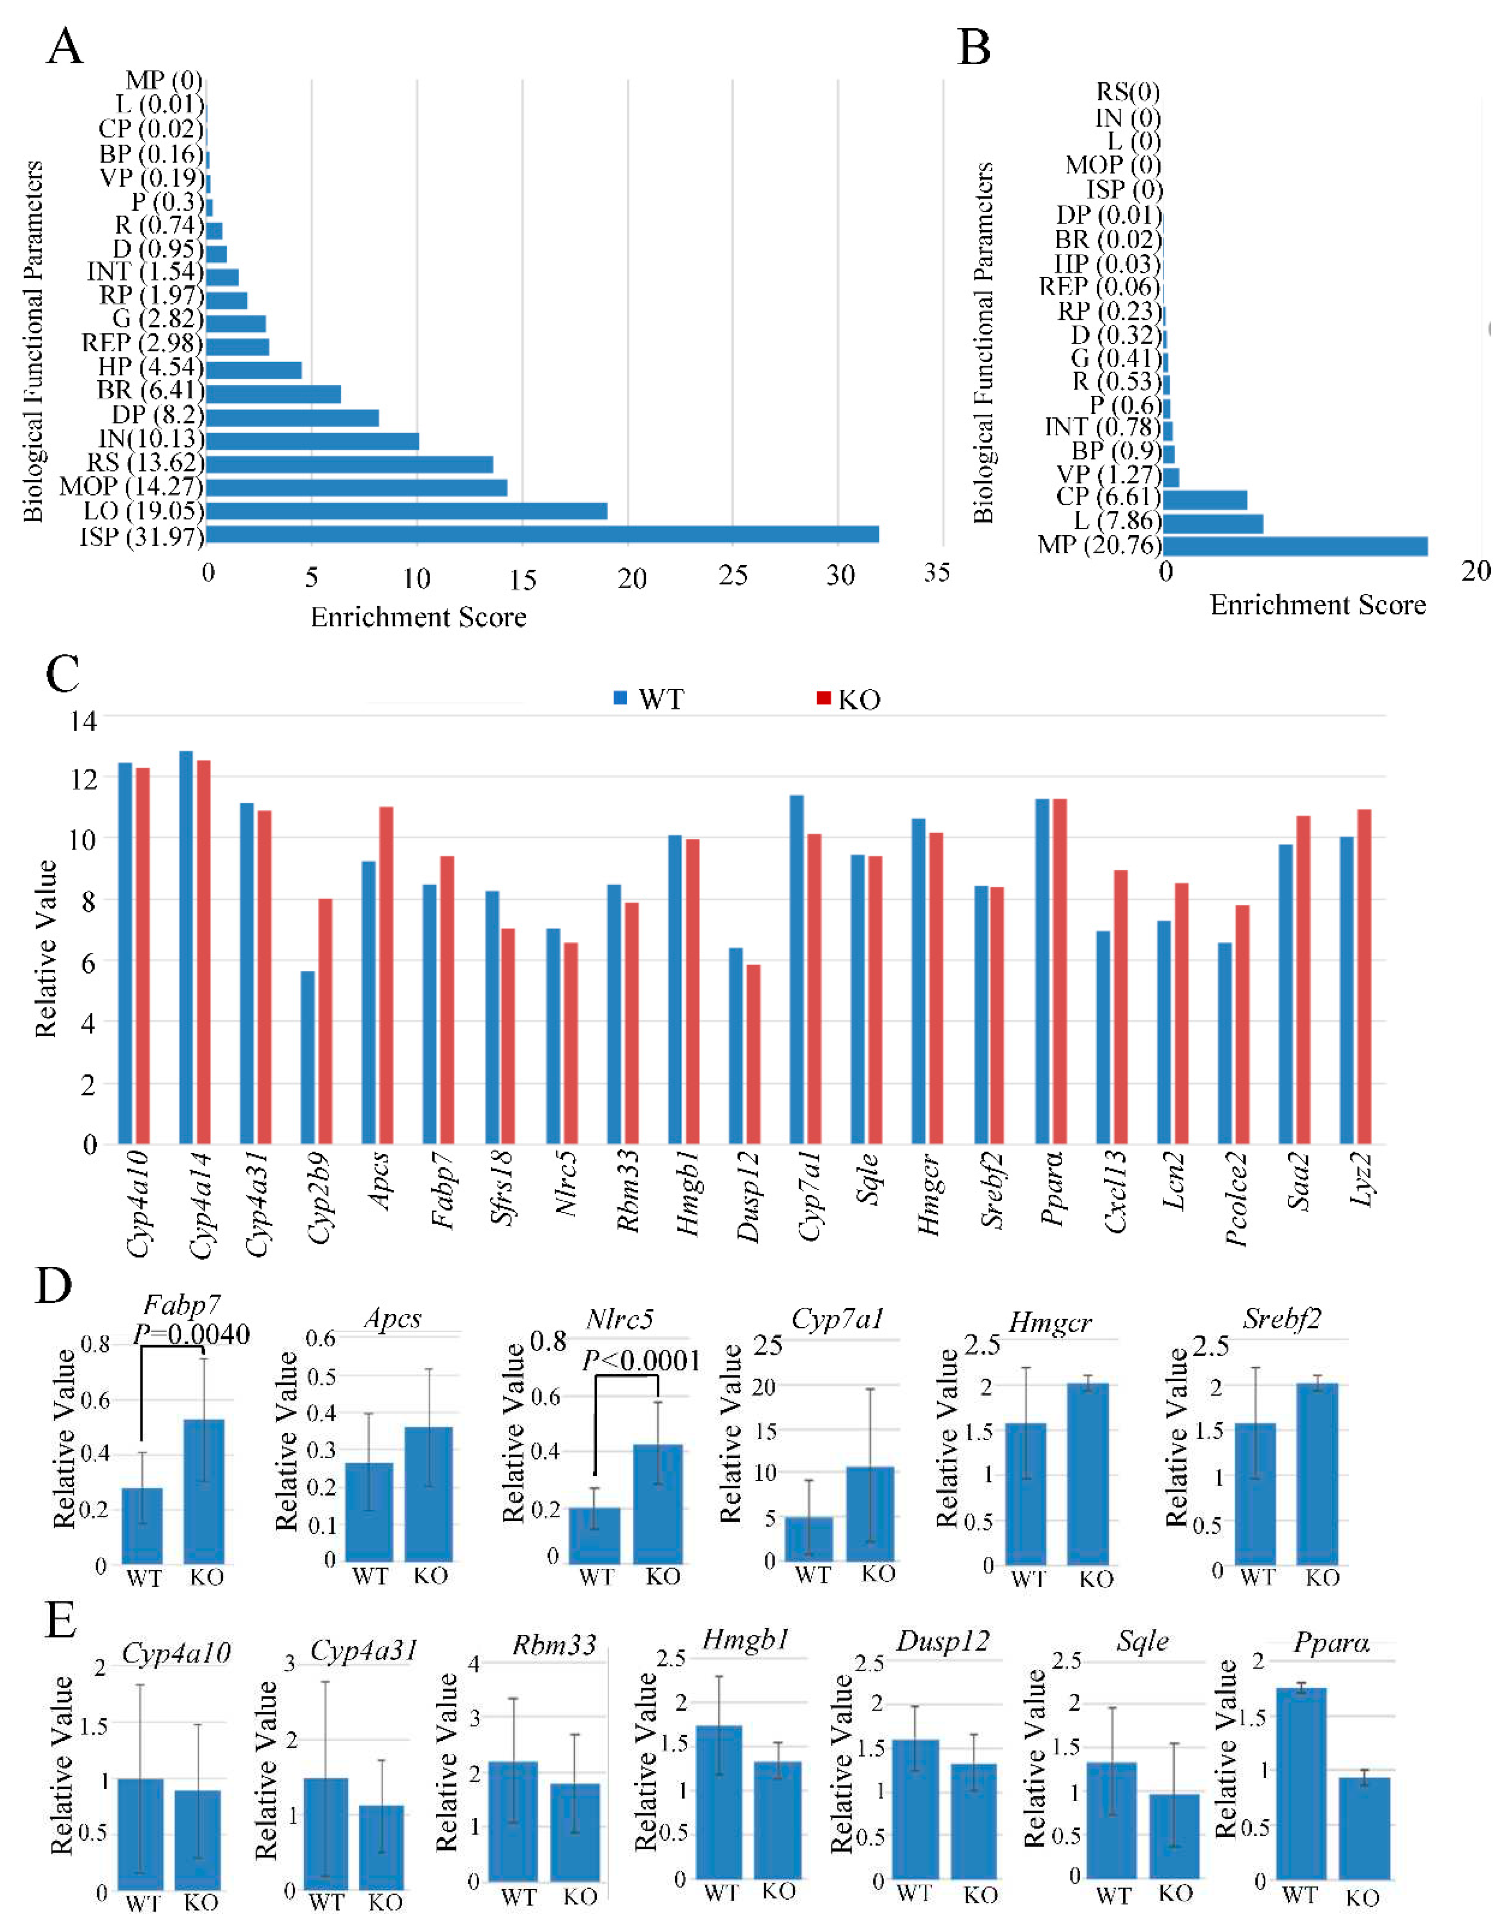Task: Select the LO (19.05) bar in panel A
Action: (406, 511)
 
